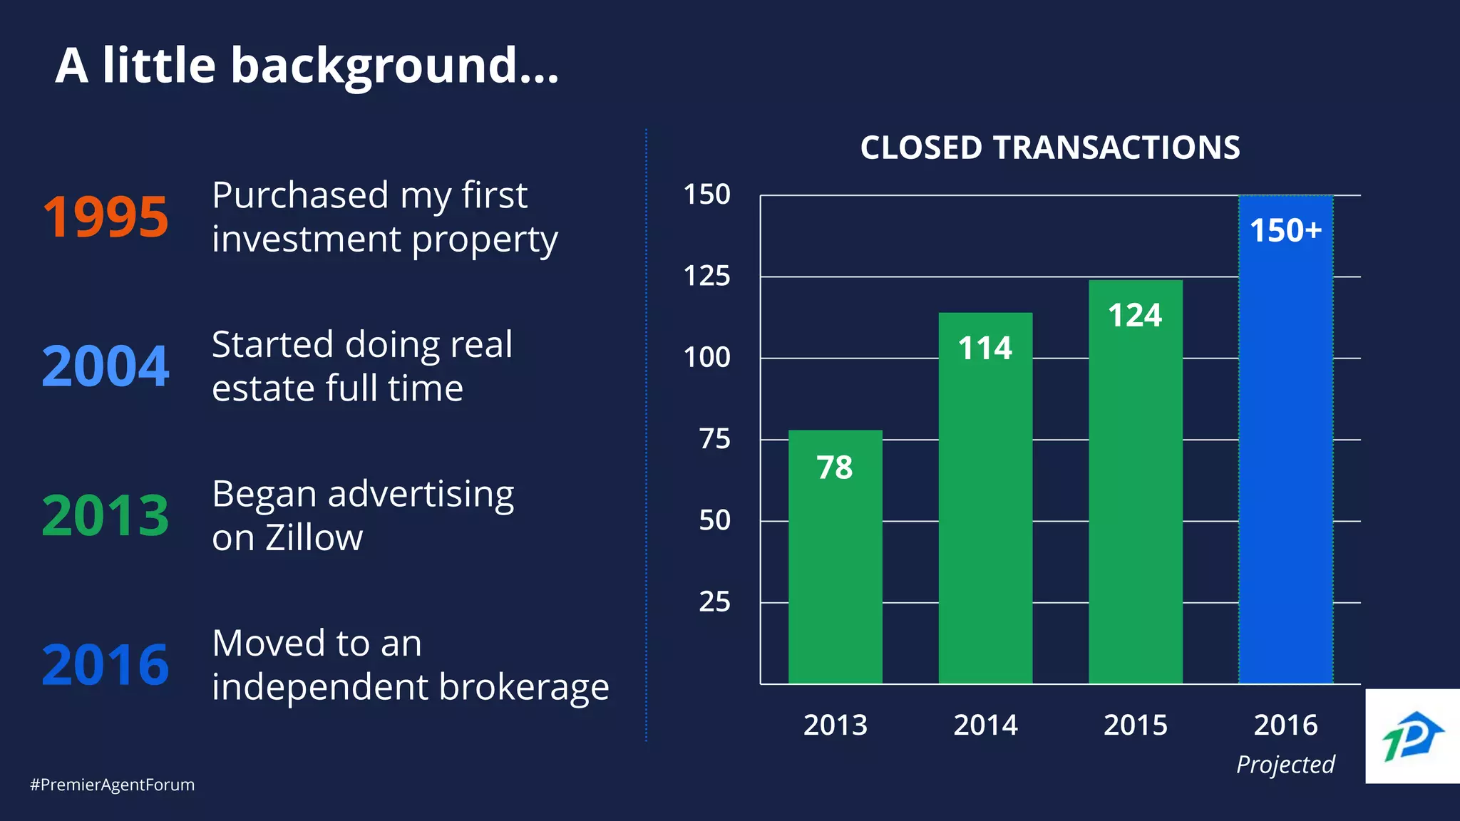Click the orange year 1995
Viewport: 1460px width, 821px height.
click(x=106, y=217)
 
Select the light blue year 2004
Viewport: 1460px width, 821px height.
click(x=106, y=366)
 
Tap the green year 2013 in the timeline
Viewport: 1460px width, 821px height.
click(x=106, y=515)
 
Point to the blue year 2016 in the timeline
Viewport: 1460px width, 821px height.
click(x=106, y=665)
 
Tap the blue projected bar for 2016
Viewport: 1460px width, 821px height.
click(x=1285, y=463)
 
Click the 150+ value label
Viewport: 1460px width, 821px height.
click(x=1285, y=231)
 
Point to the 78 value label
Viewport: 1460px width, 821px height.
click(x=835, y=468)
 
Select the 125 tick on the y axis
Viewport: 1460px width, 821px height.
click(x=706, y=276)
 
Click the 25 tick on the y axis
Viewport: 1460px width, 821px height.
click(x=714, y=602)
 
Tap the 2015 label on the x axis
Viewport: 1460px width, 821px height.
click(x=1135, y=726)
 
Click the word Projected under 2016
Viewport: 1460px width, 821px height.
click(x=1285, y=765)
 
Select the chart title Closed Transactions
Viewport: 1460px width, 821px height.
click(x=1050, y=148)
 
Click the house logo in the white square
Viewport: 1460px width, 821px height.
click(x=1412, y=737)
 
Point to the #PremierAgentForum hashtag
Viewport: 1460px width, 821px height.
click(x=112, y=785)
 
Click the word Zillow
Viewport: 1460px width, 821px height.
click(x=314, y=538)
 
